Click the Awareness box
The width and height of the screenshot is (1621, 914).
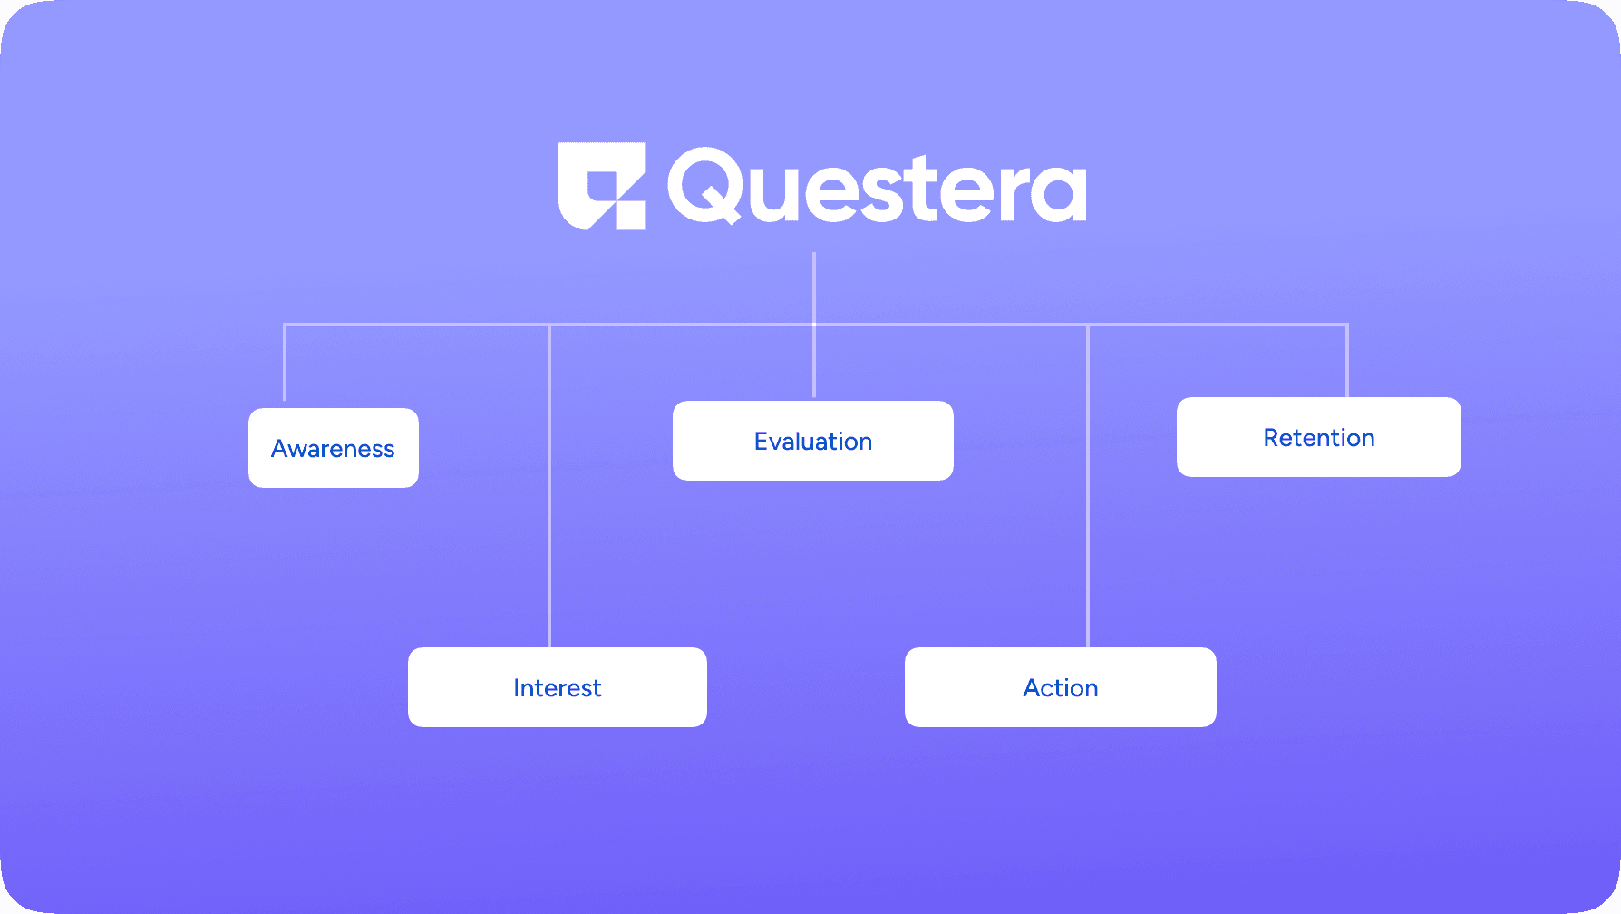click(334, 448)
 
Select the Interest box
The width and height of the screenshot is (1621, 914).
click(558, 687)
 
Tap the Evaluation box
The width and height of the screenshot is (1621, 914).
click(813, 441)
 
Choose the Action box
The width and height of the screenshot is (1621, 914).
click(1061, 687)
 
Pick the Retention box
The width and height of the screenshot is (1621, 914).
click(1319, 437)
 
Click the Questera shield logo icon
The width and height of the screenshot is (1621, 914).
click(602, 186)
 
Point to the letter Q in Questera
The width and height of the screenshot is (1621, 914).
click(705, 186)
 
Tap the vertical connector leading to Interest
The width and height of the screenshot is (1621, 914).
click(549, 486)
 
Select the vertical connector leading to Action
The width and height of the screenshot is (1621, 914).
click(1088, 486)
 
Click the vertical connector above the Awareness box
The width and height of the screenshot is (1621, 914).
click(285, 362)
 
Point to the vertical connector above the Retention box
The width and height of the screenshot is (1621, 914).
click(1347, 360)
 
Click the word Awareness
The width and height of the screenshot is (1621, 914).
click(333, 449)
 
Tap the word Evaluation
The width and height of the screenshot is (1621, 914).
click(813, 442)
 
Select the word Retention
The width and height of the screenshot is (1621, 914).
click(1319, 438)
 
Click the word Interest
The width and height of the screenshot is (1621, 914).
click(558, 688)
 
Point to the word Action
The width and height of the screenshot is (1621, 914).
click(1061, 688)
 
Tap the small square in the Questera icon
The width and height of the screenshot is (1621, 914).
click(632, 215)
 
